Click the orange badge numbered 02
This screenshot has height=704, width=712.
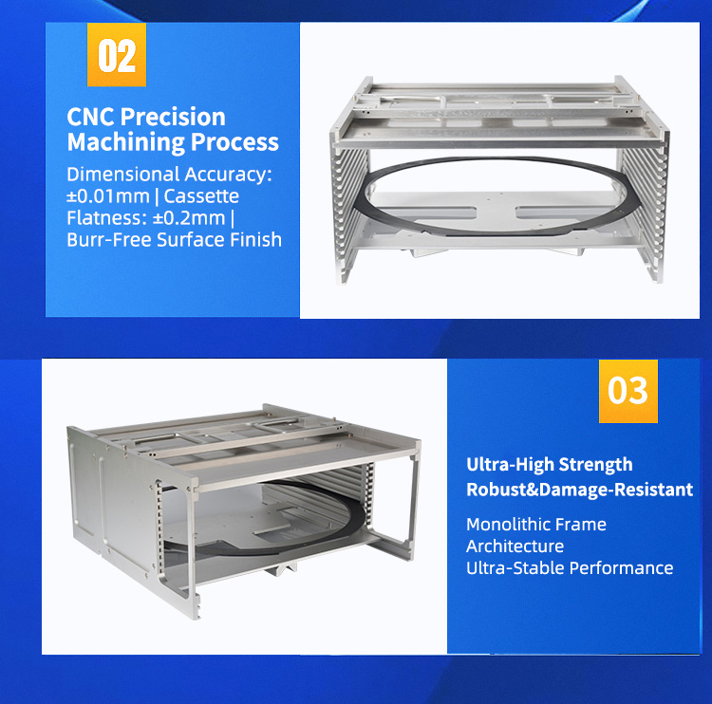pyautogui.click(x=117, y=55)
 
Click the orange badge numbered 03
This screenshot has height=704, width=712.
pyautogui.click(x=628, y=390)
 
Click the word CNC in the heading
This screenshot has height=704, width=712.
pyautogui.click(x=90, y=117)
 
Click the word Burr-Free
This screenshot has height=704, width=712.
pyautogui.click(x=106, y=239)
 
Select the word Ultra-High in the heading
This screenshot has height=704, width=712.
pyautogui.click(x=509, y=464)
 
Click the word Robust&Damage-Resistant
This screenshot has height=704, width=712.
pyautogui.click(x=579, y=490)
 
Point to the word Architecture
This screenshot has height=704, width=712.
pyautogui.click(x=515, y=546)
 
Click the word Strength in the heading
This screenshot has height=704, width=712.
pyautogui.click(x=594, y=464)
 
